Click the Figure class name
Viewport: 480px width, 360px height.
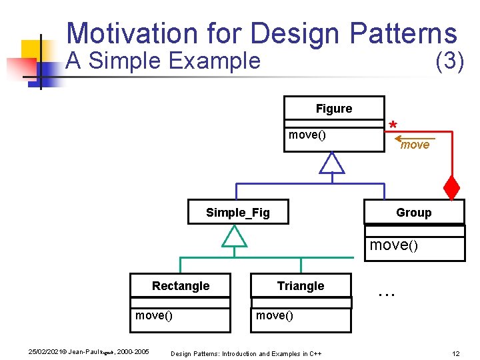[334, 109]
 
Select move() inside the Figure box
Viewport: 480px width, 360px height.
[307, 135]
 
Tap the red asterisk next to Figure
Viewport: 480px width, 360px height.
[393, 126]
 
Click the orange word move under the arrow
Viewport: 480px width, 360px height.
[415, 145]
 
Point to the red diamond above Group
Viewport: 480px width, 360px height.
[452, 189]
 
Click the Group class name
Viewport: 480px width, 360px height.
[413, 213]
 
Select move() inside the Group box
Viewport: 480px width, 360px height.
[393, 245]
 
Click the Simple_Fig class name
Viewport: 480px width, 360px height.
[238, 213]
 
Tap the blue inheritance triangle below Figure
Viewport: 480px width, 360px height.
[331, 163]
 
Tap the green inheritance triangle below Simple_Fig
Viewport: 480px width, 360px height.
[234, 236]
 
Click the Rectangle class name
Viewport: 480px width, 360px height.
[180, 286]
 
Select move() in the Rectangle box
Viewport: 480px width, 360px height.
[153, 315]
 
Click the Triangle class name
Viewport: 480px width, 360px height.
[301, 286]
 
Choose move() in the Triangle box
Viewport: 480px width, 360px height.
[274, 315]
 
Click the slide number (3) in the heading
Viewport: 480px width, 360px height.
[449, 61]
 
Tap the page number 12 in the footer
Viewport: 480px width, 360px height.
[456, 353]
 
